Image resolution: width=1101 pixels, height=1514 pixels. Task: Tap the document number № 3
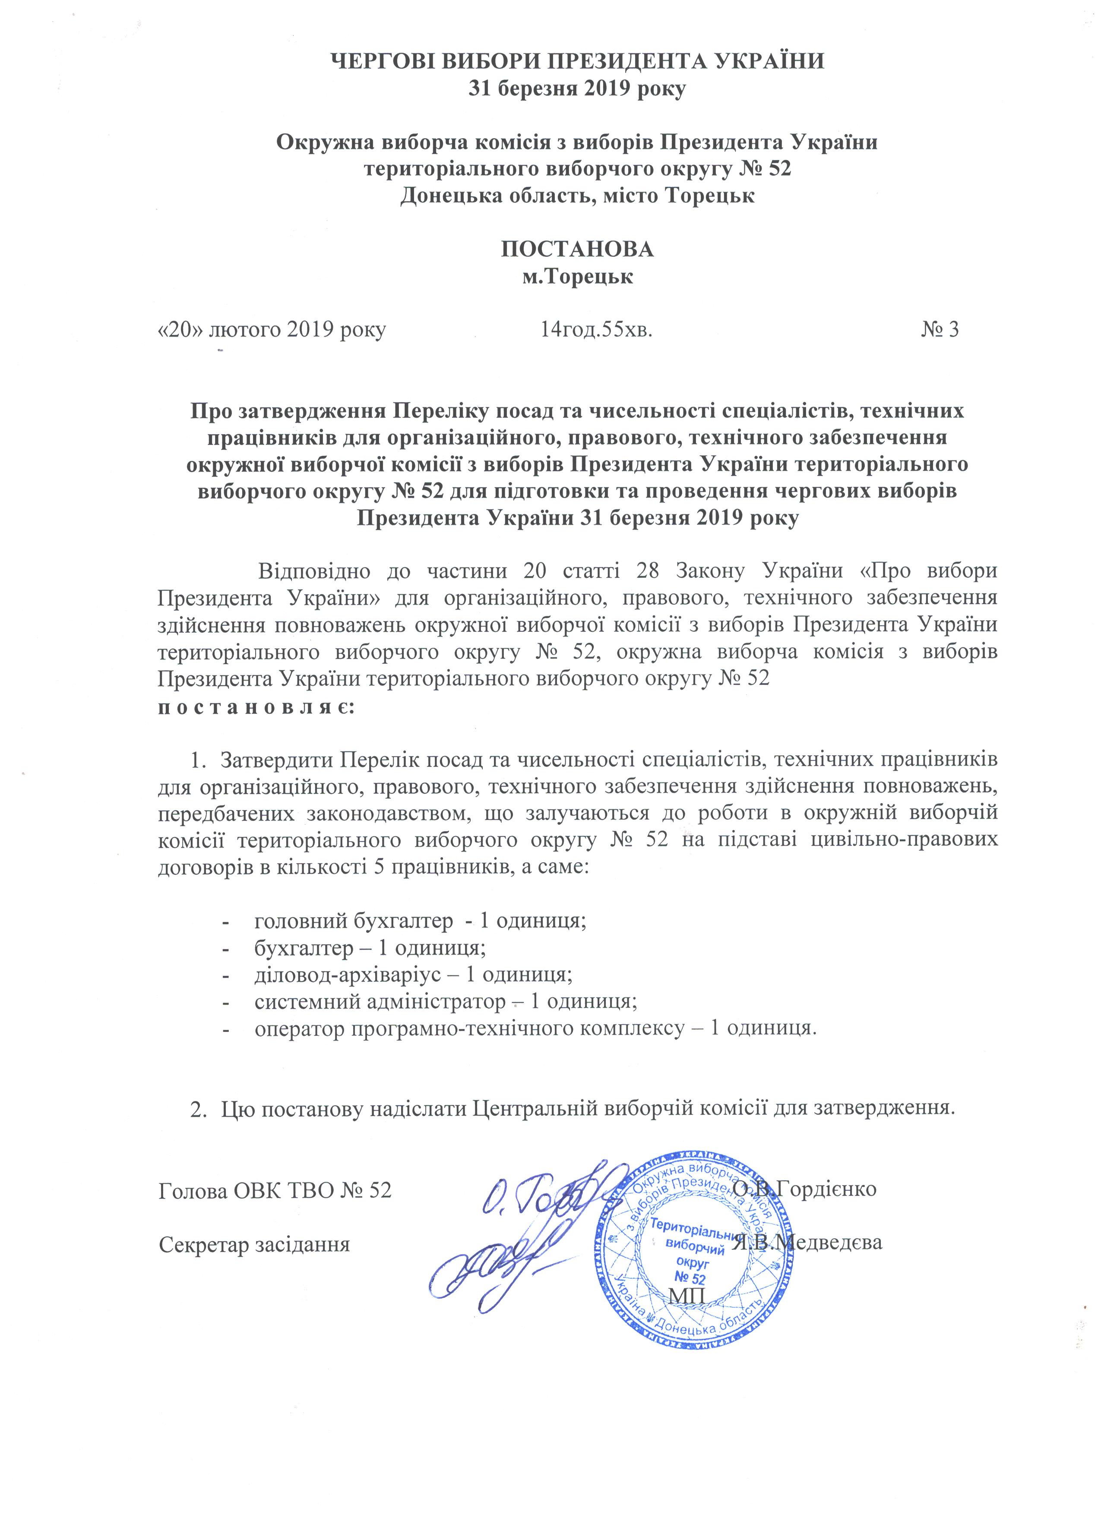(x=940, y=329)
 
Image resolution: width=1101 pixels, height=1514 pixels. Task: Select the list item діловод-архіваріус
(x=413, y=974)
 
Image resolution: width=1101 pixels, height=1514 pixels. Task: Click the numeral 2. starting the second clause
(x=198, y=1109)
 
